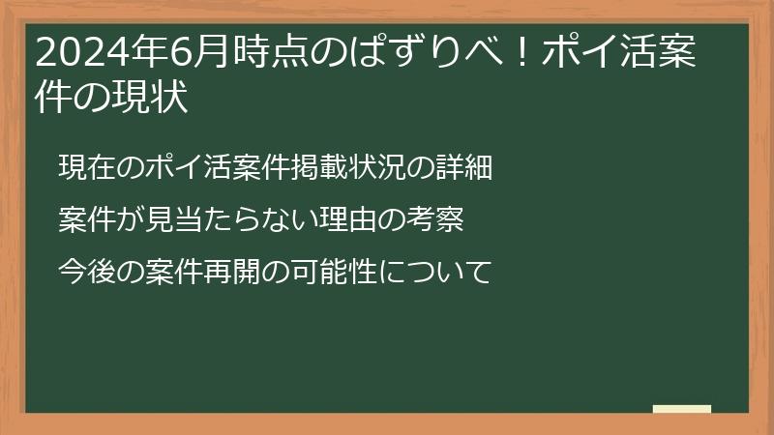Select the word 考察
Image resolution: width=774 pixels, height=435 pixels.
click(x=442, y=220)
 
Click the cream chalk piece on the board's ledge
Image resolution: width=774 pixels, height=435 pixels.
click(x=681, y=409)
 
